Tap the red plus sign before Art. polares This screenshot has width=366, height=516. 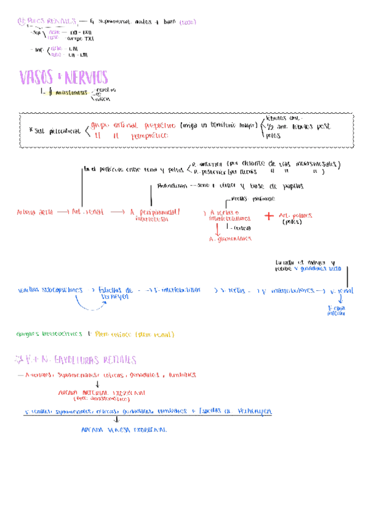(268, 216)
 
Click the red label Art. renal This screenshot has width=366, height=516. (88, 212)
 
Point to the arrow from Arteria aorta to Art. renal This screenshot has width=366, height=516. (62, 212)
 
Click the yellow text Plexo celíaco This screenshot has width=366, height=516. (133, 334)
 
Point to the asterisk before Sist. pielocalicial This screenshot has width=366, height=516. (30, 130)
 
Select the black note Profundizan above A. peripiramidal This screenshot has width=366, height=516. (171, 186)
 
